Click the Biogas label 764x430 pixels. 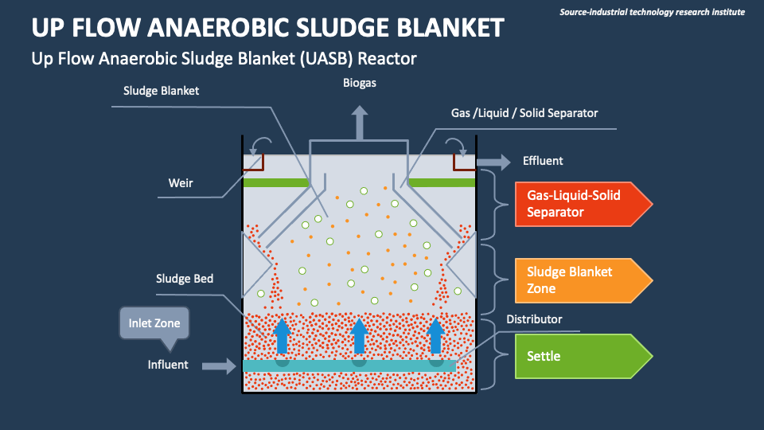pos(360,83)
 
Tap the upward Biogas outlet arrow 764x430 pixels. pos(361,123)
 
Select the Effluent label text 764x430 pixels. pos(543,161)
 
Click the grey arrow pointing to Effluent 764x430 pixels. pos(495,162)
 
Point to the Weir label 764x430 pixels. pos(181,183)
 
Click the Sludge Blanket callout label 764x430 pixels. pos(161,91)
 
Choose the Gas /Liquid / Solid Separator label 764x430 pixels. pos(524,113)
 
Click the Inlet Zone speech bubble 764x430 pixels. pos(154,324)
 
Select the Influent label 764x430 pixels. pos(168,365)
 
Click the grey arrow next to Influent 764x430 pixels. pos(219,365)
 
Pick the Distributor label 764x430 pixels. pos(534,319)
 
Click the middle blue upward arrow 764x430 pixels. pos(360,335)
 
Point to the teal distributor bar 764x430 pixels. pos(350,365)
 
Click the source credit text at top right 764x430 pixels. pos(652,12)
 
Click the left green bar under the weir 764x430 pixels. pos(275,182)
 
